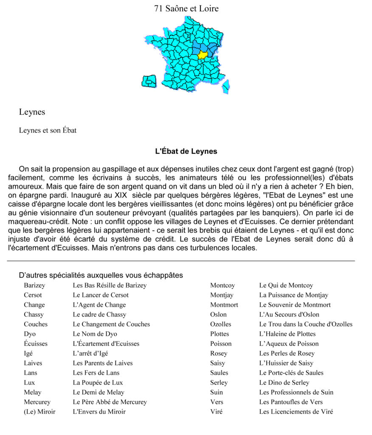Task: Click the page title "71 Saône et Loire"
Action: pyautogui.click(x=186, y=8)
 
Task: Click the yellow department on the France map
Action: pyautogui.click(x=203, y=54)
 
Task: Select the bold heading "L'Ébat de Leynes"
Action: pyautogui.click(x=186, y=151)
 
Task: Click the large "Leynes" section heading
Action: pyautogui.click(x=32, y=112)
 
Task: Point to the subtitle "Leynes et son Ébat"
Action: pyautogui.click(x=48, y=130)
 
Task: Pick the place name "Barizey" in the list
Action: pyautogui.click(x=34, y=285)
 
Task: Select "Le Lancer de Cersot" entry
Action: pyautogui.click(x=101, y=295)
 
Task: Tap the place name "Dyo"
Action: pyautogui.click(x=30, y=334)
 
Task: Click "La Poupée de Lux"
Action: pyautogui.click(x=98, y=382)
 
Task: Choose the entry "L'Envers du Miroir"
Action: pyautogui.click(x=99, y=412)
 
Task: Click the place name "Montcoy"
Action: pyautogui.click(x=222, y=285)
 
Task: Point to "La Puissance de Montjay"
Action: pyautogui.click(x=293, y=295)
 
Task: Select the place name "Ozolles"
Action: pyautogui.click(x=220, y=324)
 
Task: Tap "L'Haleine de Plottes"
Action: pyautogui.click(x=287, y=334)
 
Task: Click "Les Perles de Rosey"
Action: pyautogui.click(x=287, y=353)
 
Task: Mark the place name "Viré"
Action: pyautogui.click(x=216, y=412)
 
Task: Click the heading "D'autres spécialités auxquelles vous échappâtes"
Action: pyautogui.click(x=101, y=275)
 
